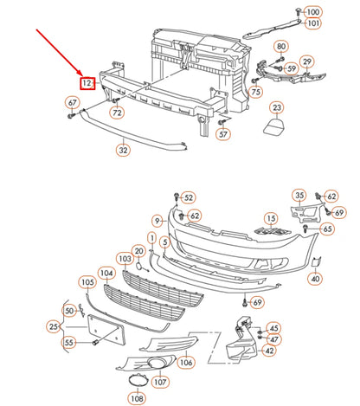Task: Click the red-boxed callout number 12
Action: tap(87, 83)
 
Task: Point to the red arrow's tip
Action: tap(80, 73)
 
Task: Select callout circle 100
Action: tap(312, 10)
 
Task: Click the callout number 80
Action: tap(281, 46)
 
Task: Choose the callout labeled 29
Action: tap(307, 62)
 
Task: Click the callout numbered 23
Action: tap(276, 107)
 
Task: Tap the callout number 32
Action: tap(123, 150)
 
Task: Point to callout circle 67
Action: tap(72, 104)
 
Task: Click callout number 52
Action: tap(189, 198)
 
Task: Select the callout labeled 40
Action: tap(314, 279)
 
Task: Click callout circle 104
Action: tap(106, 273)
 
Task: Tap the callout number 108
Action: tap(137, 398)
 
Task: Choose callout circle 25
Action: tap(54, 326)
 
